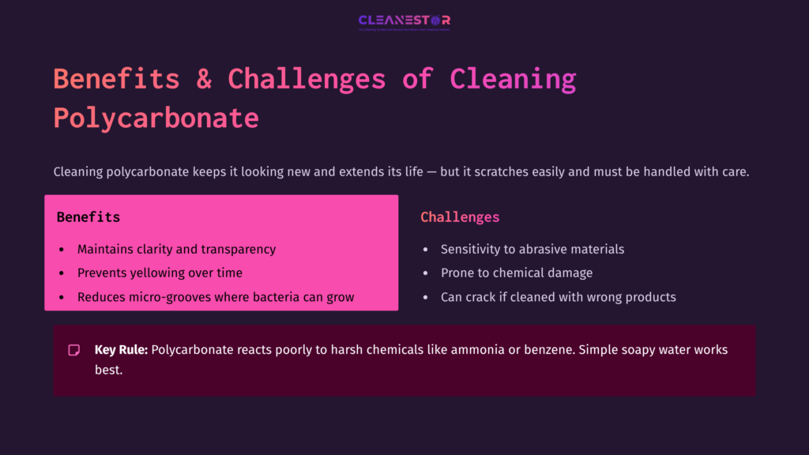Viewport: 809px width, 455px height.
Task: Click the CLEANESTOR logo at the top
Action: coord(404,21)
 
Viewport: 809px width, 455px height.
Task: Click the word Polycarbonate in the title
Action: coord(156,118)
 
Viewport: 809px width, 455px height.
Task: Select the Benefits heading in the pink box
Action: coord(88,216)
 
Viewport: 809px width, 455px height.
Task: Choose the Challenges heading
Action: coord(460,216)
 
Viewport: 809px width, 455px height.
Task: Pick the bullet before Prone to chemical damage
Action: coord(425,273)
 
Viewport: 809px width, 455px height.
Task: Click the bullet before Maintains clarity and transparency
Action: coord(62,250)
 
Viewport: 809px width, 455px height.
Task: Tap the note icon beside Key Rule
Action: coord(74,350)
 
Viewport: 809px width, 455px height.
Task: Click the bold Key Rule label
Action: coord(121,349)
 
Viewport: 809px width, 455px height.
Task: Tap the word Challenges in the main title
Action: coord(307,79)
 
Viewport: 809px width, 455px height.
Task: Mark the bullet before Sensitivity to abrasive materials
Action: coord(425,250)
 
